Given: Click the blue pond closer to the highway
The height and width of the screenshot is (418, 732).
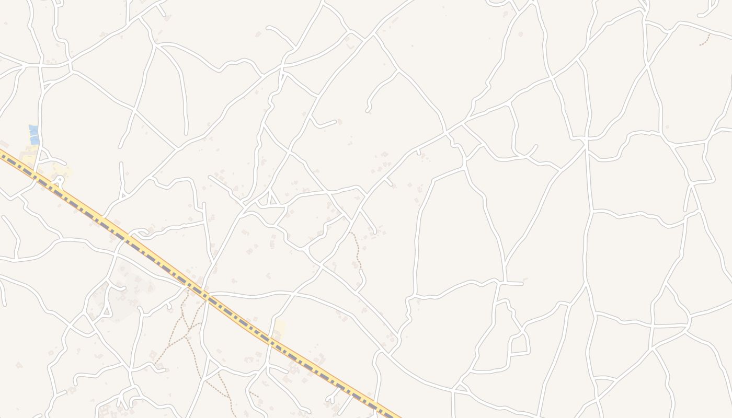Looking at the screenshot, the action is [35, 140].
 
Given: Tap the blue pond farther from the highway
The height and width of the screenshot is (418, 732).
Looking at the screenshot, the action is [33, 128].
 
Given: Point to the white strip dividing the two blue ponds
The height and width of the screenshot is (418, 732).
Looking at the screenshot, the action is [34, 134].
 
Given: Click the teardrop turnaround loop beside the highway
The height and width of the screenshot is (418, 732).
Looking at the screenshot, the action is [59, 181].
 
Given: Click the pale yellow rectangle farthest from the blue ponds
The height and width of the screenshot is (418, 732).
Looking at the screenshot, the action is [280, 328].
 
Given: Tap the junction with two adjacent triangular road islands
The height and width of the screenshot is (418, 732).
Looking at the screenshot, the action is [268, 199].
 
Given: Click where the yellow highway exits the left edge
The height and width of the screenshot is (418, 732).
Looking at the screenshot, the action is [2, 153].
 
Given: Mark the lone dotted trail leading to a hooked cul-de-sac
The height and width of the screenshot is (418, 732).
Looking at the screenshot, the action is [357, 251].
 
